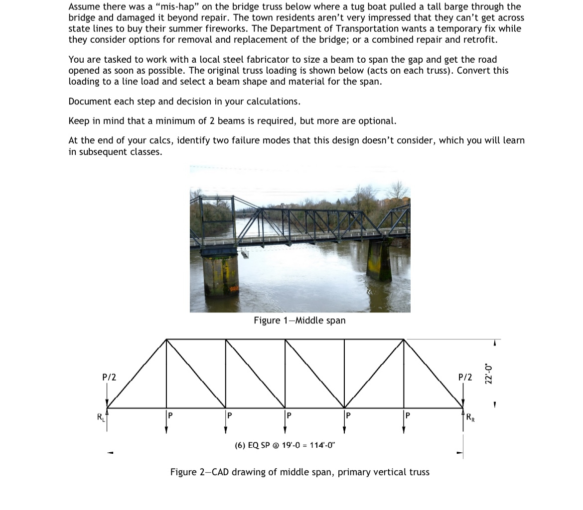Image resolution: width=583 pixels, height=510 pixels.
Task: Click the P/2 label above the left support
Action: (x=109, y=377)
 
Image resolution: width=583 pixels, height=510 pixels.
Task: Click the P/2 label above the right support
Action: (x=464, y=377)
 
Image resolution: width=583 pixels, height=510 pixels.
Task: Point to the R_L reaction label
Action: (x=101, y=417)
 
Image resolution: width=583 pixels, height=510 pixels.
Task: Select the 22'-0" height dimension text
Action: (x=489, y=373)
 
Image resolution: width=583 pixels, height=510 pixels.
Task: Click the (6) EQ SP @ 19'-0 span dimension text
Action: (x=285, y=445)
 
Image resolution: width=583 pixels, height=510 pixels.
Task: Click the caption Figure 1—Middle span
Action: (x=299, y=320)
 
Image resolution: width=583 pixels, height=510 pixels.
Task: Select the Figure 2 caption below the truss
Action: (x=299, y=472)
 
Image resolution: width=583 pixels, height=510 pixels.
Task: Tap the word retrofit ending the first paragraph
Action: (x=479, y=39)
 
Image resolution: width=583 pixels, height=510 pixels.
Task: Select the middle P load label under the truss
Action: (x=289, y=415)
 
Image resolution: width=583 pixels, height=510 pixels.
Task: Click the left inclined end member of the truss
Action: (x=136, y=374)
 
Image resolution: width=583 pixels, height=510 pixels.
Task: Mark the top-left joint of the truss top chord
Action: (x=166, y=339)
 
